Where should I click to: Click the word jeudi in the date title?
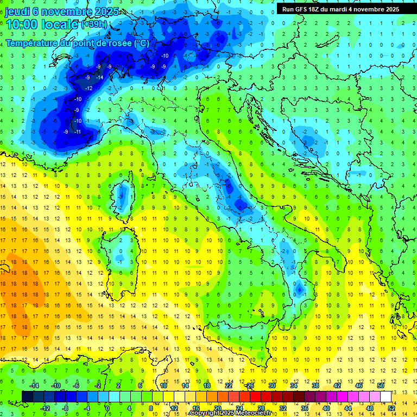[x=17, y=11]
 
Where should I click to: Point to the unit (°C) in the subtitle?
[x=141, y=42]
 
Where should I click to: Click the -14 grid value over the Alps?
[x=100, y=78]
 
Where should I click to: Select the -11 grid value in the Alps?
[x=78, y=132]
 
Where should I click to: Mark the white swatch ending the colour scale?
[x=386, y=396]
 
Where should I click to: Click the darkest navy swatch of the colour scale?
[x=27, y=396]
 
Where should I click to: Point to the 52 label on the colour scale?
[x=391, y=408]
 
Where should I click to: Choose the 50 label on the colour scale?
[x=381, y=386]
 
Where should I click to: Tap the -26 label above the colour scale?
[x=249, y=386]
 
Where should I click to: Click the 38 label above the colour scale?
[x=315, y=386]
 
